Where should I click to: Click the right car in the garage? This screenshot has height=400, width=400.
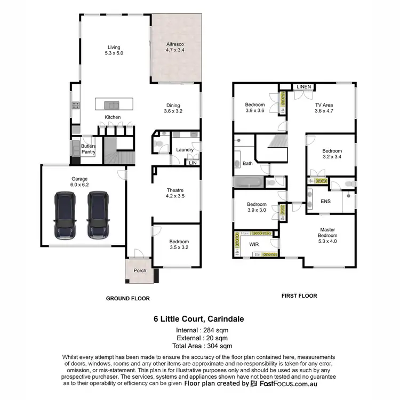click(98, 215)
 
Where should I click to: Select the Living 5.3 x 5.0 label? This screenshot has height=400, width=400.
click(113, 50)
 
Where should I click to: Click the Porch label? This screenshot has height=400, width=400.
click(140, 270)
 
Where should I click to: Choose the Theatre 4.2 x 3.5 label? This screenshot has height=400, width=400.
click(175, 193)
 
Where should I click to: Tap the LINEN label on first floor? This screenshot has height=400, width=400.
click(304, 86)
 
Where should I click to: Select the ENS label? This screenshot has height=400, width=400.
click(325, 202)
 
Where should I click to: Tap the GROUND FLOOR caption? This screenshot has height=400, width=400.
click(127, 299)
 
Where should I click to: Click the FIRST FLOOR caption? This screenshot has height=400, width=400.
click(299, 295)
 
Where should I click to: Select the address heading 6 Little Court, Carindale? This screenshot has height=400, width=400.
click(199, 319)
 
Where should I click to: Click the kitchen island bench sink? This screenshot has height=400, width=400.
click(113, 105)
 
